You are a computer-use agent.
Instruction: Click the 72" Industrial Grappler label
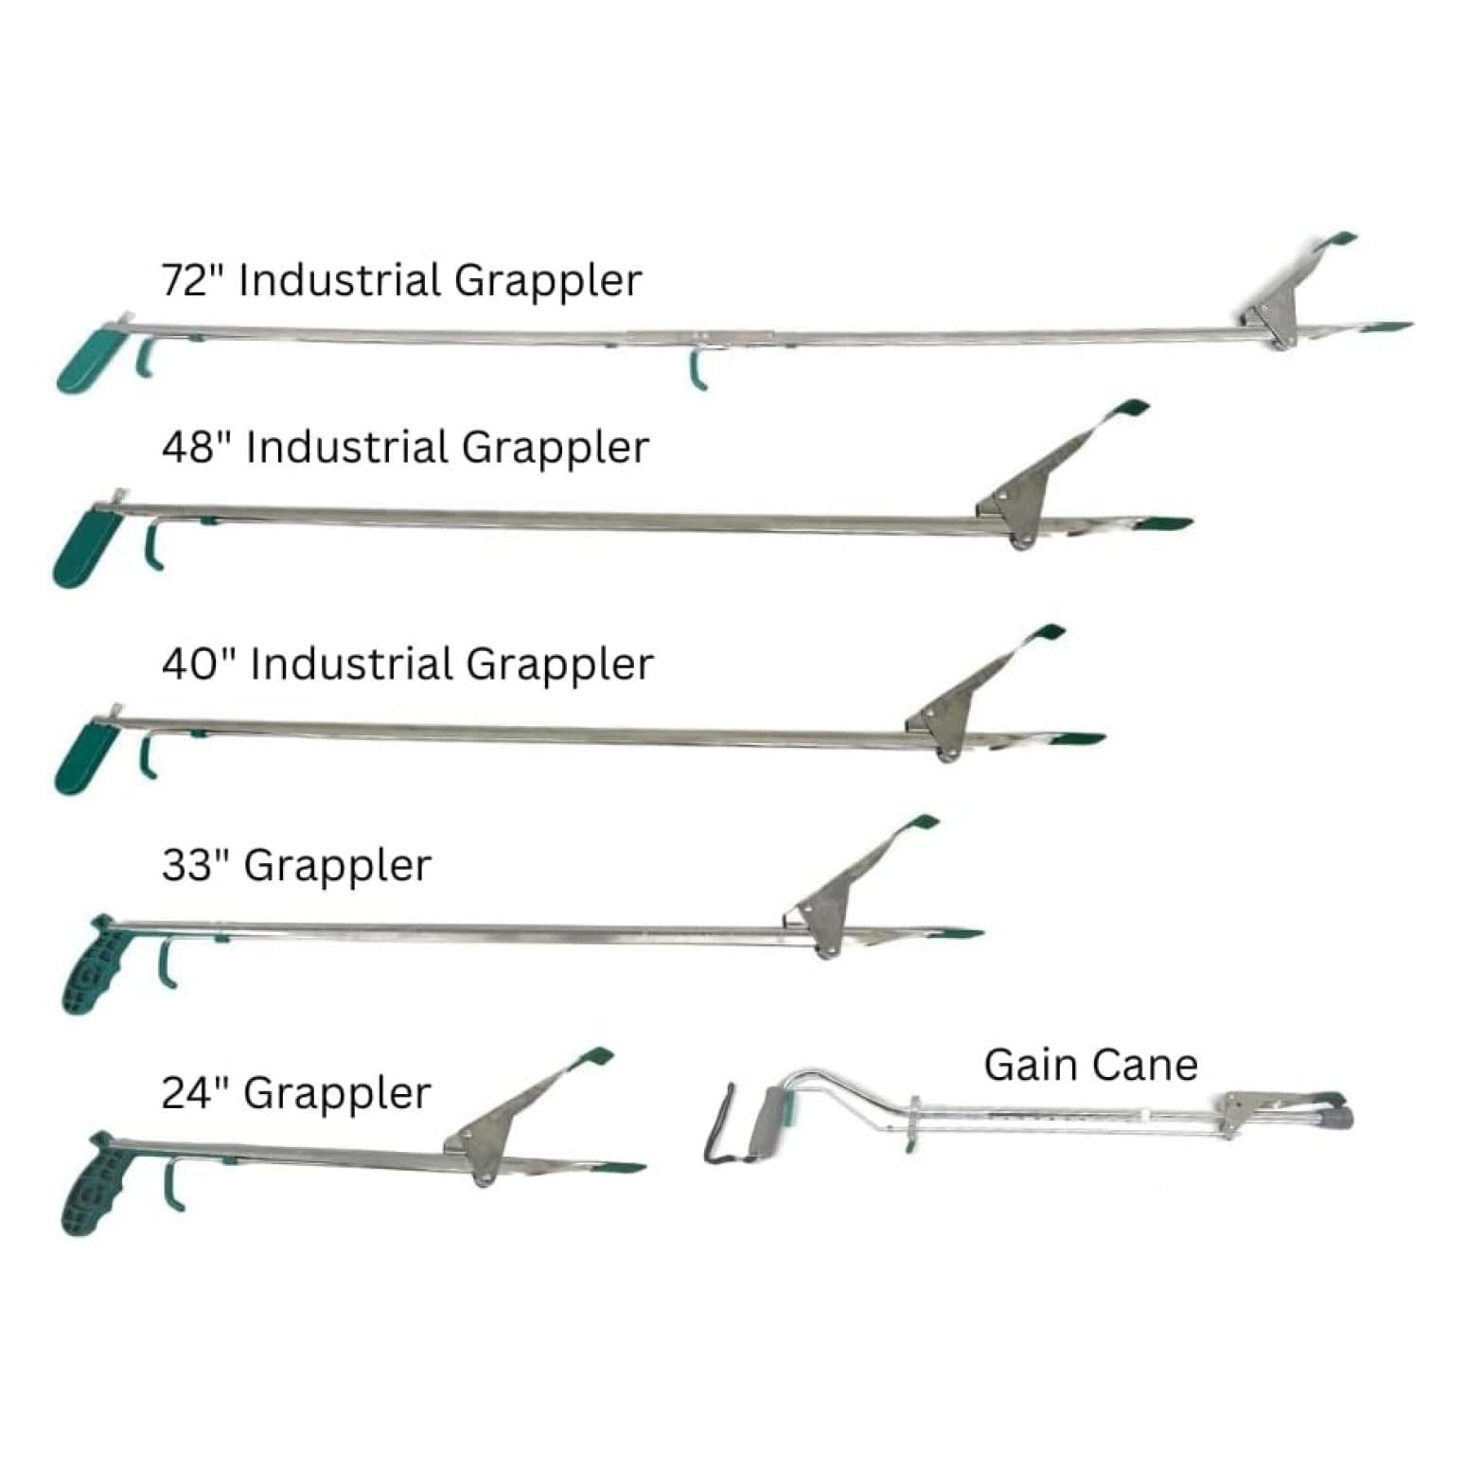click(401, 281)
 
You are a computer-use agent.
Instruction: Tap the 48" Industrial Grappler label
click(405, 448)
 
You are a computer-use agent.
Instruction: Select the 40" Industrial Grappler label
click(407, 664)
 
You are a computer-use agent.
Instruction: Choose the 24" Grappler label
click(296, 1094)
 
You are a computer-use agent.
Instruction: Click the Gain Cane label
click(1090, 1065)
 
